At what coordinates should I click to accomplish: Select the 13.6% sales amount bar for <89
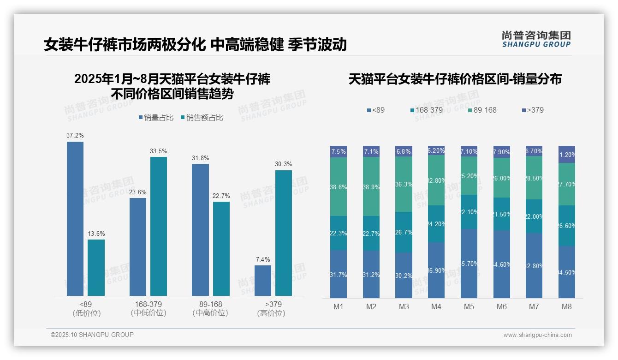[x=96, y=267]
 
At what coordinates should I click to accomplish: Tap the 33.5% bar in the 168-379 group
[x=159, y=226]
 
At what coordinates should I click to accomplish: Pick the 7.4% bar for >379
[x=263, y=280]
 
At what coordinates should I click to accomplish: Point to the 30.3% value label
[x=284, y=164]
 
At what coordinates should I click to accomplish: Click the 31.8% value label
[x=200, y=158]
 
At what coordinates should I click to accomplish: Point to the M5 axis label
[x=469, y=306]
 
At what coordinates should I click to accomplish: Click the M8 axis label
[x=567, y=306]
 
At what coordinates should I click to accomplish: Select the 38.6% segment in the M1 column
[x=339, y=187]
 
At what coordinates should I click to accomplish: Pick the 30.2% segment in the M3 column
[x=404, y=275]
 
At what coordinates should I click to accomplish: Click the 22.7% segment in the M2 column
[x=371, y=234]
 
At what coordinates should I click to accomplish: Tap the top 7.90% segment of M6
[x=502, y=152]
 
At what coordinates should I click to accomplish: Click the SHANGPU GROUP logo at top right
[x=536, y=39]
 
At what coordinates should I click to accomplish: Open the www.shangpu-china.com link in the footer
[x=537, y=335]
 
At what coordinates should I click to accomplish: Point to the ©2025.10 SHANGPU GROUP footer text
[x=92, y=335]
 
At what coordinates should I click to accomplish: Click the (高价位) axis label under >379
[x=271, y=313]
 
